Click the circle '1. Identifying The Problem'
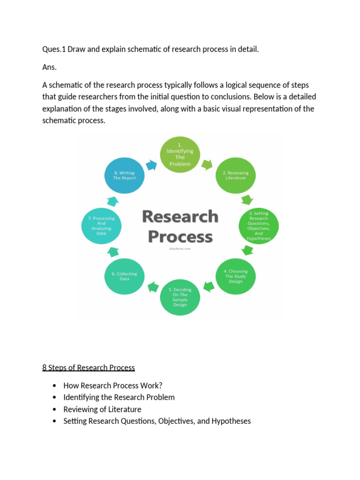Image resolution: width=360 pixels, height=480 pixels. (180, 154)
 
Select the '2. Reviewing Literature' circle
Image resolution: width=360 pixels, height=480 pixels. (235, 175)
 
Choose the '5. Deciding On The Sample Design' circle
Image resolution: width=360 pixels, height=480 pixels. (180, 297)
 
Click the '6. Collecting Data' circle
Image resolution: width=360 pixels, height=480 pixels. (124, 276)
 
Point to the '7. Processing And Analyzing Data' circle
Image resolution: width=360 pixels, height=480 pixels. (101, 225)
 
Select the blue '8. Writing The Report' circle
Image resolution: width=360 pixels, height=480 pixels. (124, 175)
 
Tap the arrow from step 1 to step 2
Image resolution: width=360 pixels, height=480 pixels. (207, 164)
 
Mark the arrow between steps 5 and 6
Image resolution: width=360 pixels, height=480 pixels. (152, 285)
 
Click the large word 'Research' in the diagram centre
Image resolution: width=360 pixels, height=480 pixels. (180, 217)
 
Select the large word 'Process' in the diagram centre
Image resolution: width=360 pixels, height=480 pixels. (180, 237)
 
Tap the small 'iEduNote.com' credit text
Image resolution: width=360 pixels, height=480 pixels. (180, 249)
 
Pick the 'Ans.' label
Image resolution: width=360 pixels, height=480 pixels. (49, 67)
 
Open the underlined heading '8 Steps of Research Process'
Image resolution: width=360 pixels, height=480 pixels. (89, 367)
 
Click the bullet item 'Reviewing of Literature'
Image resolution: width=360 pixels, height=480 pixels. (102, 409)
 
